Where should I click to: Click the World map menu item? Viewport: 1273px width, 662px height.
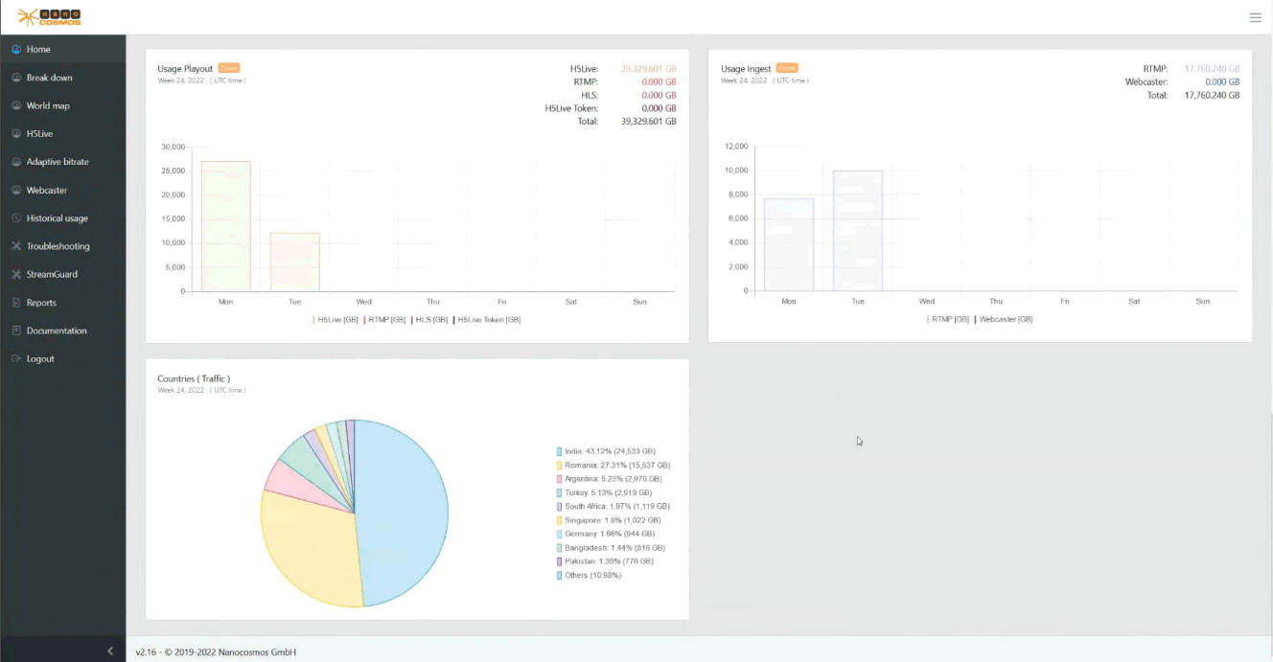pyautogui.click(x=47, y=105)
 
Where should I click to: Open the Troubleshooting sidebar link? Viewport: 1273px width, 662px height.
pyautogui.click(x=58, y=246)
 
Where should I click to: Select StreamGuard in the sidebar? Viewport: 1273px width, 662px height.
pyautogui.click(x=52, y=274)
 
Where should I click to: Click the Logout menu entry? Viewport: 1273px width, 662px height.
pyautogui.click(x=39, y=358)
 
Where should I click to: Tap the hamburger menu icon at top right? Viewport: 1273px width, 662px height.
pyautogui.click(x=1255, y=17)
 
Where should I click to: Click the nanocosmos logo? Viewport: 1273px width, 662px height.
pyautogui.click(x=50, y=16)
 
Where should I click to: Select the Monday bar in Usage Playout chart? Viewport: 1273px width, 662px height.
pyautogui.click(x=225, y=226)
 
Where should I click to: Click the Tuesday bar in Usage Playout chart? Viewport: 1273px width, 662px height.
pyautogui.click(x=294, y=262)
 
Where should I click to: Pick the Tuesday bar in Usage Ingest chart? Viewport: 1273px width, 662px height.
pyautogui.click(x=857, y=231)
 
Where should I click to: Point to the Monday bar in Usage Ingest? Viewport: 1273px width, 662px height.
pyautogui.click(x=788, y=244)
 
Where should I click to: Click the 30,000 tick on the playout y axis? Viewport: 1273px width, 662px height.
pyautogui.click(x=173, y=147)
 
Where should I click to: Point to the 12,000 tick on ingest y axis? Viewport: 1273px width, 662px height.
pyautogui.click(x=735, y=147)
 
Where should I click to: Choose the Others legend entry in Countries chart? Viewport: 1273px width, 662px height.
pyautogui.click(x=592, y=575)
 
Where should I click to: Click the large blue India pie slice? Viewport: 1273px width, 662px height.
pyautogui.click(x=403, y=508)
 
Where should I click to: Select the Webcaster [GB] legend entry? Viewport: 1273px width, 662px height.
pyautogui.click(x=1005, y=319)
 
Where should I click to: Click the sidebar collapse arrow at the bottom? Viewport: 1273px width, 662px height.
pyautogui.click(x=110, y=651)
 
